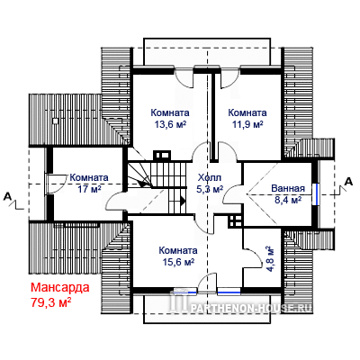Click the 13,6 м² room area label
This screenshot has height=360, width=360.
point(170,124)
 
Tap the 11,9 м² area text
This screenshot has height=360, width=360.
point(247,124)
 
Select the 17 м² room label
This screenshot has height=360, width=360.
point(89,189)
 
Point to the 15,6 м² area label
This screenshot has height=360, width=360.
point(178,262)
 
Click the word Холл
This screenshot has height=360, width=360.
point(210,177)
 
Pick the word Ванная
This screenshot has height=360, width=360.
point(288,188)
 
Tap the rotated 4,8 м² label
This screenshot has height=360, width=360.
point(270,259)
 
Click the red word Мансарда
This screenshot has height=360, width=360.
point(60,287)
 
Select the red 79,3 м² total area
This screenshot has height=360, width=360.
point(51,301)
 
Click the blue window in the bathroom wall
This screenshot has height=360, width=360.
point(316,194)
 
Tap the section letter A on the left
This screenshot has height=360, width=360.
point(7,197)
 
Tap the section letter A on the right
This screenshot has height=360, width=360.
point(348,182)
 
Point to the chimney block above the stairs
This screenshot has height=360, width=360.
point(162,156)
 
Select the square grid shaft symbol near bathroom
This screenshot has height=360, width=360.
point(235,221)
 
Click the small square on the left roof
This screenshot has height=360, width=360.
point(56,121)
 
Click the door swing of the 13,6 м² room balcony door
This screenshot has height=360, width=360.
point(184,80)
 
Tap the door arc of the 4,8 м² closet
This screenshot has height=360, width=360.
point(255,257)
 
